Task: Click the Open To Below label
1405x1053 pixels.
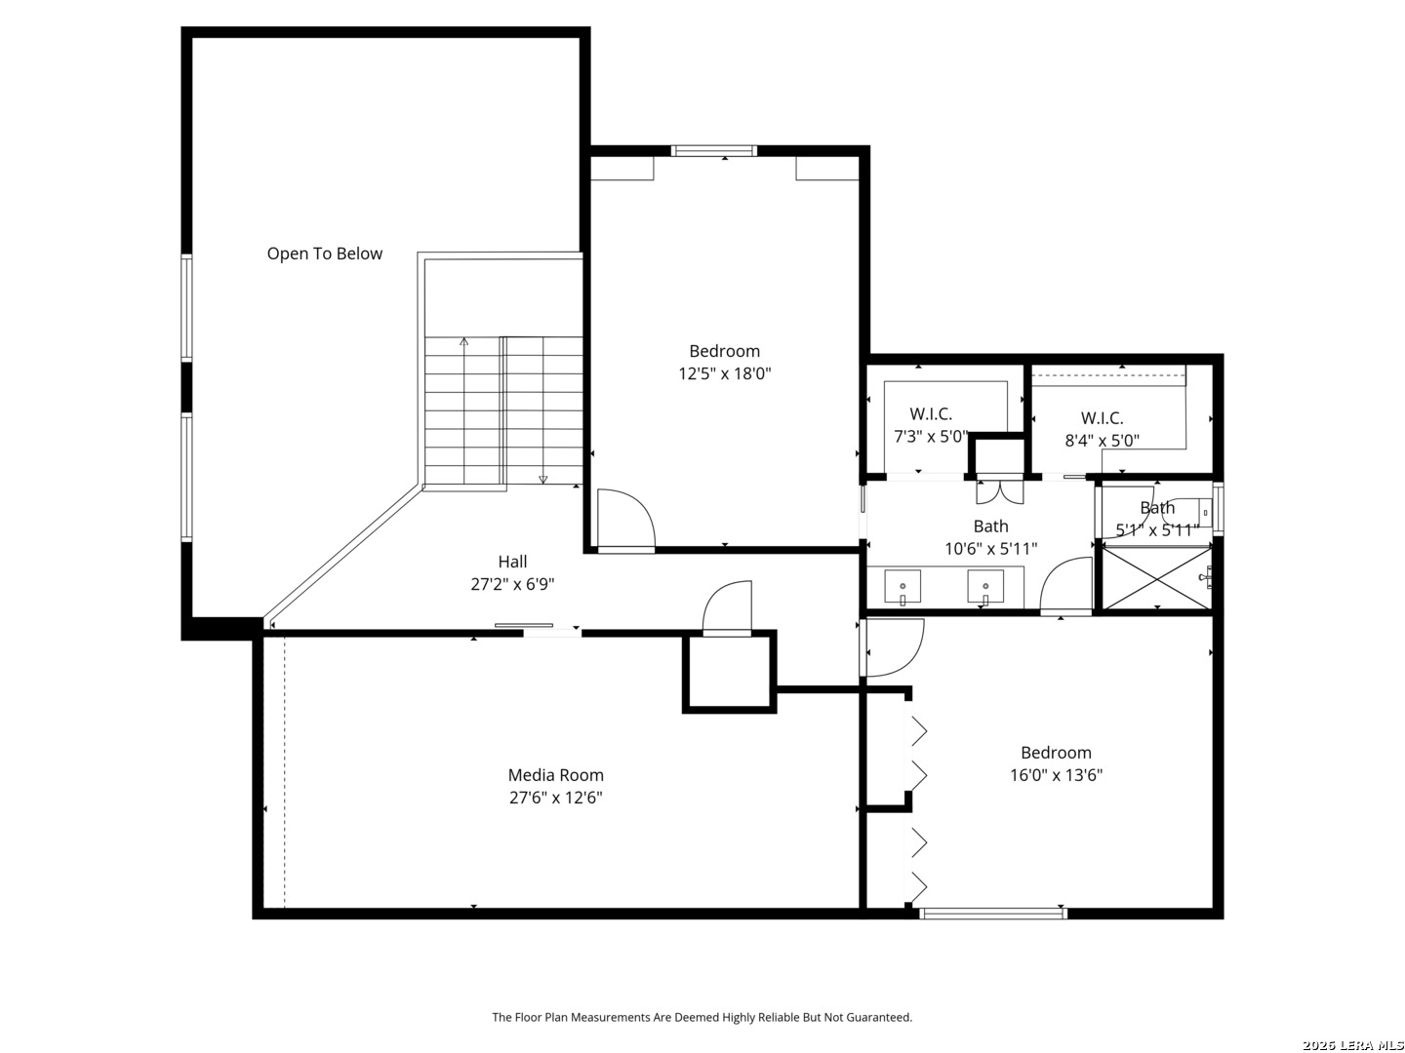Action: click(x=325, y=253)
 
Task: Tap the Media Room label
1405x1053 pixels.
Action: click(x=555, y=775)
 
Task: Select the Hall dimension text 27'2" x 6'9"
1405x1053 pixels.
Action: click(x=512, y=584)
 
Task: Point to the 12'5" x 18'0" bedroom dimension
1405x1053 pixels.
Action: click(x=725, y=373)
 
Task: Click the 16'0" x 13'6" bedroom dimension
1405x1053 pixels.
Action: click(x=1056, y=775)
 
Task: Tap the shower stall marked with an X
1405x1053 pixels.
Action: click(x=1156, y=577)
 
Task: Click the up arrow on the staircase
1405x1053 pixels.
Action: click(x=463, y=342)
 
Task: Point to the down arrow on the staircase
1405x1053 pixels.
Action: click(x=542, y=479)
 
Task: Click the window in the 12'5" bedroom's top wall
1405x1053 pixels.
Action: click(x=713, y=151)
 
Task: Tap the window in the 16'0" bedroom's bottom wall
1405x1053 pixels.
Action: click(x=993, y=913)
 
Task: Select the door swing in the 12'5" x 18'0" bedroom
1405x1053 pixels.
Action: click(x=626, y=518)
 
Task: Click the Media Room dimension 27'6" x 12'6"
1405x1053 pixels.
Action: click(x=555, y=798)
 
